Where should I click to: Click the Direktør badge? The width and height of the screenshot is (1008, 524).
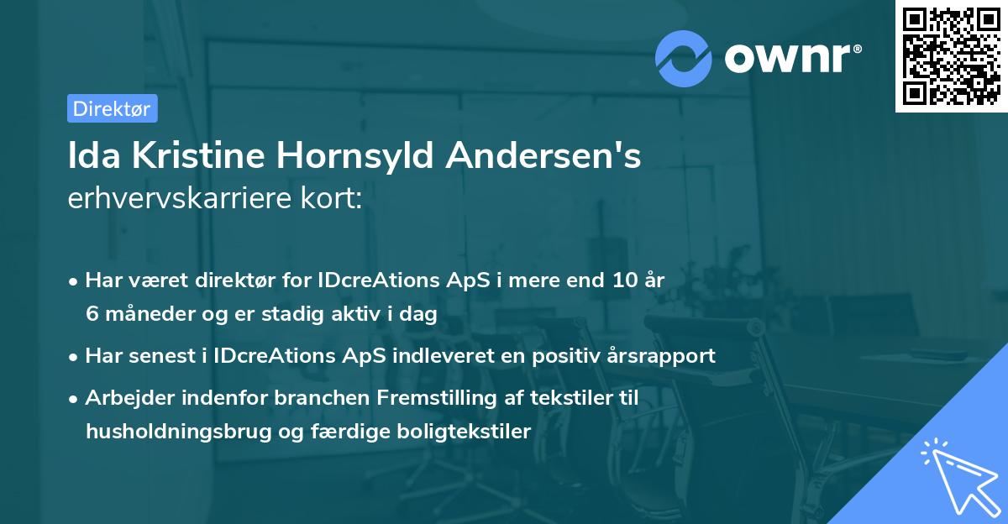[112, 108]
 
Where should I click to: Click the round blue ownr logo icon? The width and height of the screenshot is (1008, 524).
[682, 59]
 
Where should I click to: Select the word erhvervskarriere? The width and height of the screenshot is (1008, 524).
[180, 200]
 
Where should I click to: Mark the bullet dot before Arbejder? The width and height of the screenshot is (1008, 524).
[74, 399]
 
